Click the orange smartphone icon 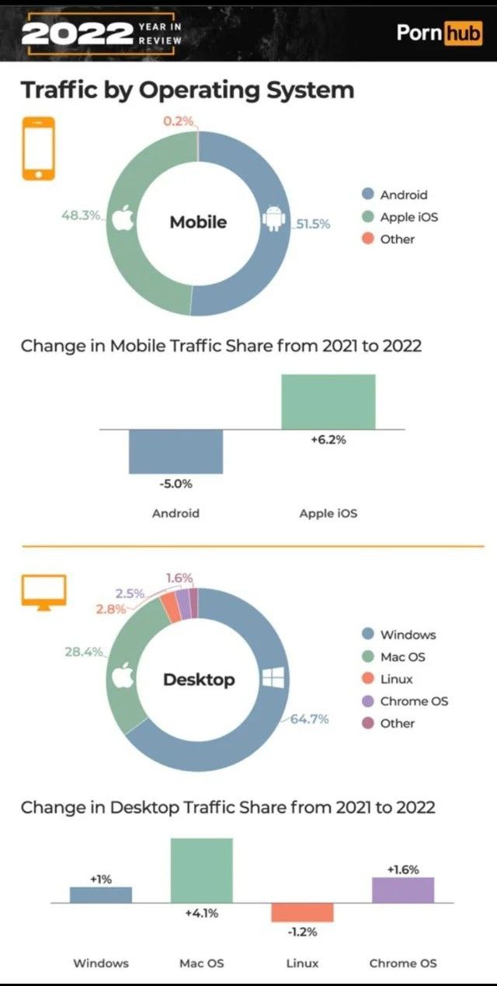[39, 149]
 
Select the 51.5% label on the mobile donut [313, 224]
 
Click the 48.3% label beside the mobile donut [81, 215]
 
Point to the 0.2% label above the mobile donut [178, 121]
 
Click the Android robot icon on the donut [274, 219]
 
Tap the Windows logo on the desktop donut [273, 677]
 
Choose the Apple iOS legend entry [400, 217]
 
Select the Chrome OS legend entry [405, 701]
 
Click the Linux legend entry [388, 679]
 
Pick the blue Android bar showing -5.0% [176, 452]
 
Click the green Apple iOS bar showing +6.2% [328, 401]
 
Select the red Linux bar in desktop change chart [302, 912]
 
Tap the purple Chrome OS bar [403, 890]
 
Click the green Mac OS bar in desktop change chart [202, 870]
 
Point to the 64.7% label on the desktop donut [309, 719]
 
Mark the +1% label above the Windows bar [101, 879]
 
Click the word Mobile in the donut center [198, 222]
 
